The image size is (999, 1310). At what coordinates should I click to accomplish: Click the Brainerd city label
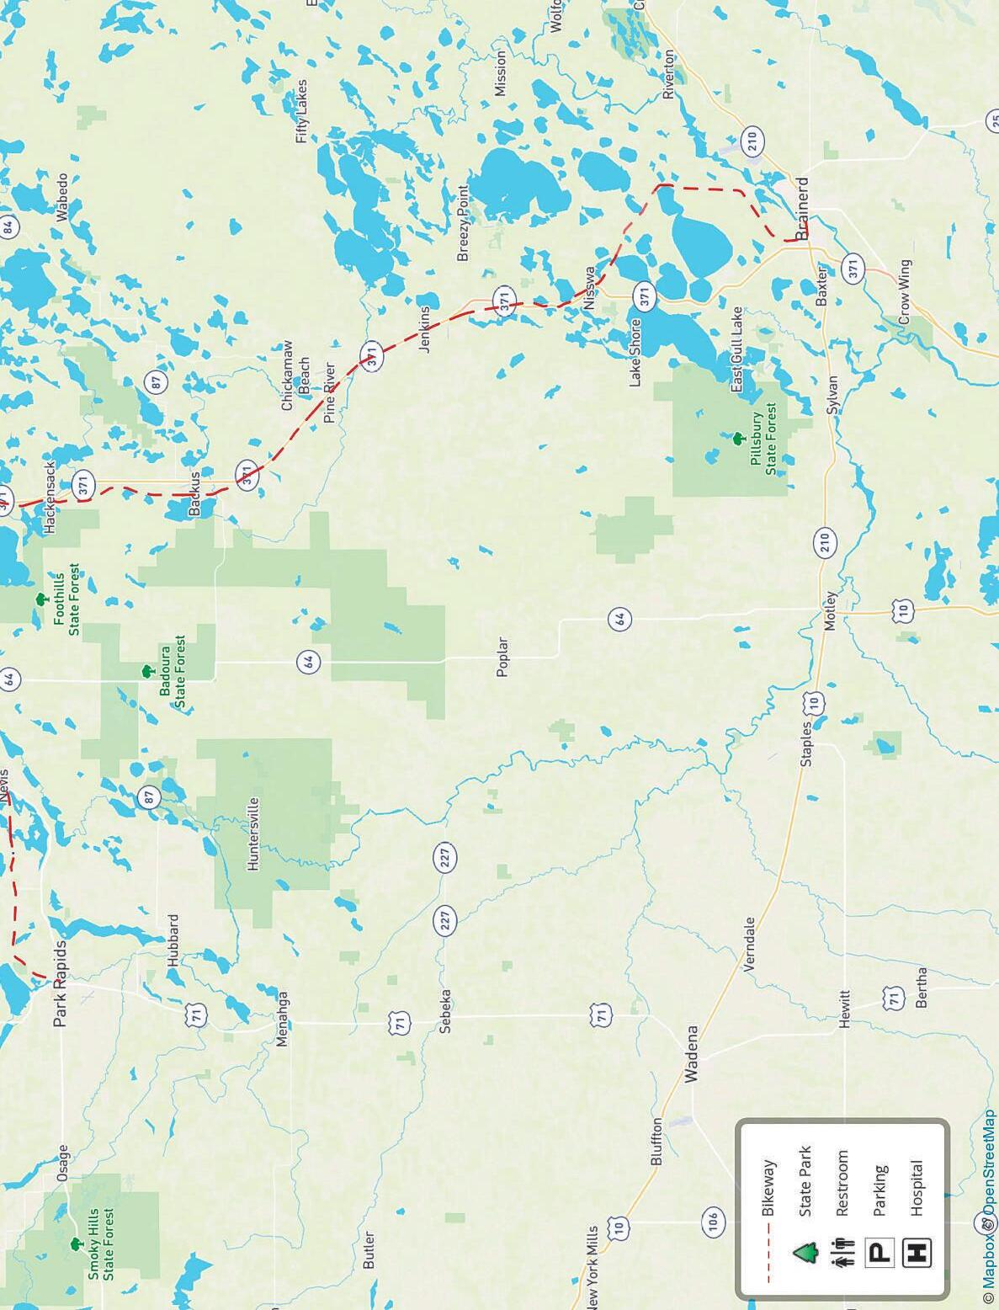[x=802, y=208]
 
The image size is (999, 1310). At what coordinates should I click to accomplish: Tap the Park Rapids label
[x=61, y=983]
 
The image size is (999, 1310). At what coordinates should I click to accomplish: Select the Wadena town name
[x=691, y=1052]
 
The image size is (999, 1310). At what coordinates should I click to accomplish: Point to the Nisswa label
[x=590, y=288]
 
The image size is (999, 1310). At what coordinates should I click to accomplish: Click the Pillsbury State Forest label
[x=763, y=443]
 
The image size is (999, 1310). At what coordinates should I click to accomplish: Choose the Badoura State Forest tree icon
[x=147, y=671]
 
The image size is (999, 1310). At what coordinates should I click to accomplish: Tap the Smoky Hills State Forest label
[x=101, y=1244]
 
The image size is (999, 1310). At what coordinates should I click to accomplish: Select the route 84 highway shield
[x=8, y=226]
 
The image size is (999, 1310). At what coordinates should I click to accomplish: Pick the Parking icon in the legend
[x=879, y=1253]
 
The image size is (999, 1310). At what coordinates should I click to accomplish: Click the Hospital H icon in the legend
[x=917, y=1253]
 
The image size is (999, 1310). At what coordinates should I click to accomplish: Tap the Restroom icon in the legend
[x=842, y=1253]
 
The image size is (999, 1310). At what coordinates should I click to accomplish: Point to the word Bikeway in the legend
[x=768, y=1187]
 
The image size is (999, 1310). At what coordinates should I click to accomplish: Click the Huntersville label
[x=252, y=833]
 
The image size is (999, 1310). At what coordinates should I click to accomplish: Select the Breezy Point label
[x=462, y=223]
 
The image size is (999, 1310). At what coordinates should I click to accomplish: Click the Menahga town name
[x=282, y=1019]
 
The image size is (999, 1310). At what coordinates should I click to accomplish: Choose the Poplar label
[x=502, y=657]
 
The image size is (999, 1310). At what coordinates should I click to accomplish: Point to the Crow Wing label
[x=905, y=292]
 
